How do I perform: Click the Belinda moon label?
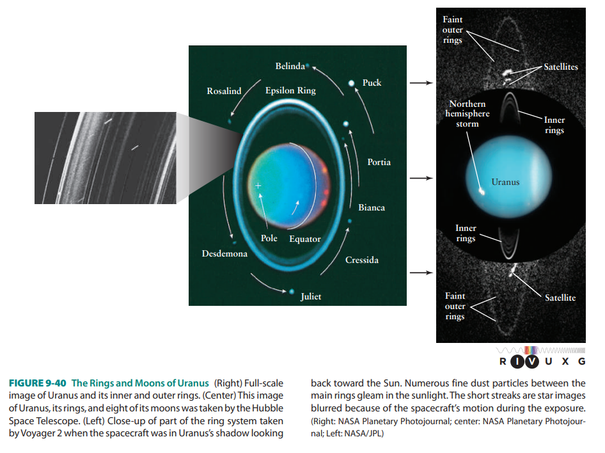[x=290, y=67]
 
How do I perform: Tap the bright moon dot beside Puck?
[x=350, y=83]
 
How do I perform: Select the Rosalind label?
[x=224, y=91]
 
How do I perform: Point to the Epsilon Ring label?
[x=290, y=91]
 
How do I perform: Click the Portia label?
[x=379, y=163]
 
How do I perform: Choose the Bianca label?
[x=372, y=208]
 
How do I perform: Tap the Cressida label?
[x=362, y=260]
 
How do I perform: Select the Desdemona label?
[x=224, y=254]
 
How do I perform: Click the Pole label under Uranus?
[x=269, y=239]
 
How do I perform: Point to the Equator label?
[x=304, y=239]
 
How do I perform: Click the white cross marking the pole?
[x=258, y=186]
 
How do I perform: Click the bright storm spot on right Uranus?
[x=482, y=190]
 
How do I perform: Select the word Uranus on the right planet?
[x=505, y=182]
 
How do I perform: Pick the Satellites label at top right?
[x=561, y=67]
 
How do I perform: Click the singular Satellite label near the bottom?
[x=560, y=298]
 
